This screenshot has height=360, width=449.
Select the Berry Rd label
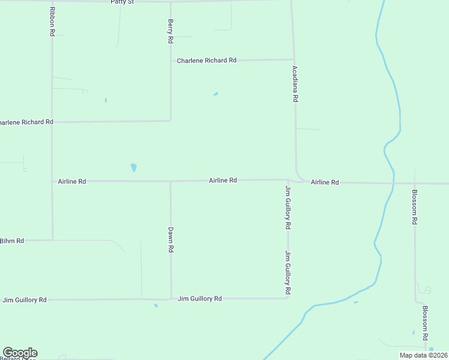coord(170,31)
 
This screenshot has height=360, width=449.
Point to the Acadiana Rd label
coord(295,84)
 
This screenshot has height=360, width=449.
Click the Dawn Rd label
coord(170,239)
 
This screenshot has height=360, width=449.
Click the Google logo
coord(20,353)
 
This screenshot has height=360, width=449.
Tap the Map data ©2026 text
coord(423,355)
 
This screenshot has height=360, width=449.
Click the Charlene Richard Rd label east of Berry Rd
coord(206,61)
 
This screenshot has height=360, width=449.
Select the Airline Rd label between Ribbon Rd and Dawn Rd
coord(72,181)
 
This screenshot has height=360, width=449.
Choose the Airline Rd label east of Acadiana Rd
coord(325,182)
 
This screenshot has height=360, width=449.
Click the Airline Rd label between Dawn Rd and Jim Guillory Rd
coord(223,180)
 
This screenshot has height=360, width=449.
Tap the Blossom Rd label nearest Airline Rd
coord(414,207)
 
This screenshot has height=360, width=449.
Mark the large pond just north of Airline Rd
coord(133,167)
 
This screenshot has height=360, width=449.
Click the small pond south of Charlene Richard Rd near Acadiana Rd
coord(215,94)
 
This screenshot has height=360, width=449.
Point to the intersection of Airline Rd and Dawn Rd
coord(170,181)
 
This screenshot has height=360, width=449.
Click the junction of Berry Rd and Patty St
coord(170,2)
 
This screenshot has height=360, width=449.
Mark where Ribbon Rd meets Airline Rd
coord(52,181)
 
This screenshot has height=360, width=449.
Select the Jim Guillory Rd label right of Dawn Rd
coord(200,298)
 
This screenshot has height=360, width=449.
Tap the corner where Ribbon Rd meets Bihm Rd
coord(52,240)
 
